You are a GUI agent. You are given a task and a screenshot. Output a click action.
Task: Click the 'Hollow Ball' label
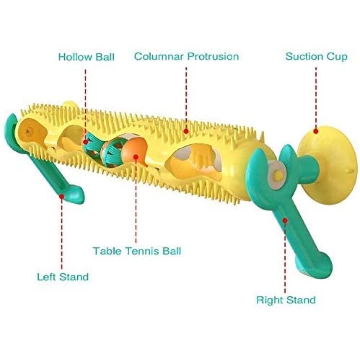pyautogui.click(x=86, y=57)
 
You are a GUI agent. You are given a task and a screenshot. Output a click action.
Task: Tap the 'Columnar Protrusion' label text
pyautogui.click(x=186, y=56)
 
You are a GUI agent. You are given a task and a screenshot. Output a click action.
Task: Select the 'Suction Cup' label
pyautogui.click(x=316, y=57)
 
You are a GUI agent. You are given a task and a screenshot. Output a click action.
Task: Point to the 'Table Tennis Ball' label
pyautogui.click(x=137, y=251)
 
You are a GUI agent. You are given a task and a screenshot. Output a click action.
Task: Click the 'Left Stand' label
pyautogui.click(x=63, y=276)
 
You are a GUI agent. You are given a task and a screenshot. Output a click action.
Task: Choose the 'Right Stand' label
pyautogui.click(x=286, y=300)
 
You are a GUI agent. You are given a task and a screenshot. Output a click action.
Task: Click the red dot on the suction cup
pyautogui.click(x=316, y=132)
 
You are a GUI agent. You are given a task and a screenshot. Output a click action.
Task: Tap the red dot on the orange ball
pyautogui.click(x=136, y=157)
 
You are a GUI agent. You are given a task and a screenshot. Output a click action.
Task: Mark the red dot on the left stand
pyautogui.click(x=61, y=196)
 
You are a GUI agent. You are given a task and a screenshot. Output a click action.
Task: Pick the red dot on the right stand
pyautogui.click(x=285, y=221)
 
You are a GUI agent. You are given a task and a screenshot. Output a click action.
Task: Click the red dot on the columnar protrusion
pyautogui.click(x=186, y=132)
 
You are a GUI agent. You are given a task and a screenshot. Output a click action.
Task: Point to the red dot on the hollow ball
pyautogui.click(x=85, y=142)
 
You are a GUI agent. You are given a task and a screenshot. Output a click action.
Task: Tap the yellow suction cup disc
pyautogui.click(x=331, y=164)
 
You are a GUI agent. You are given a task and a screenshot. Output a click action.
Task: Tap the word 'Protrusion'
pyautogui.click(x=213, y=56)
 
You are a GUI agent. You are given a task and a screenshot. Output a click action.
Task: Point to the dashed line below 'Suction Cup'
pyautogui.click(x=316, y=97)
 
